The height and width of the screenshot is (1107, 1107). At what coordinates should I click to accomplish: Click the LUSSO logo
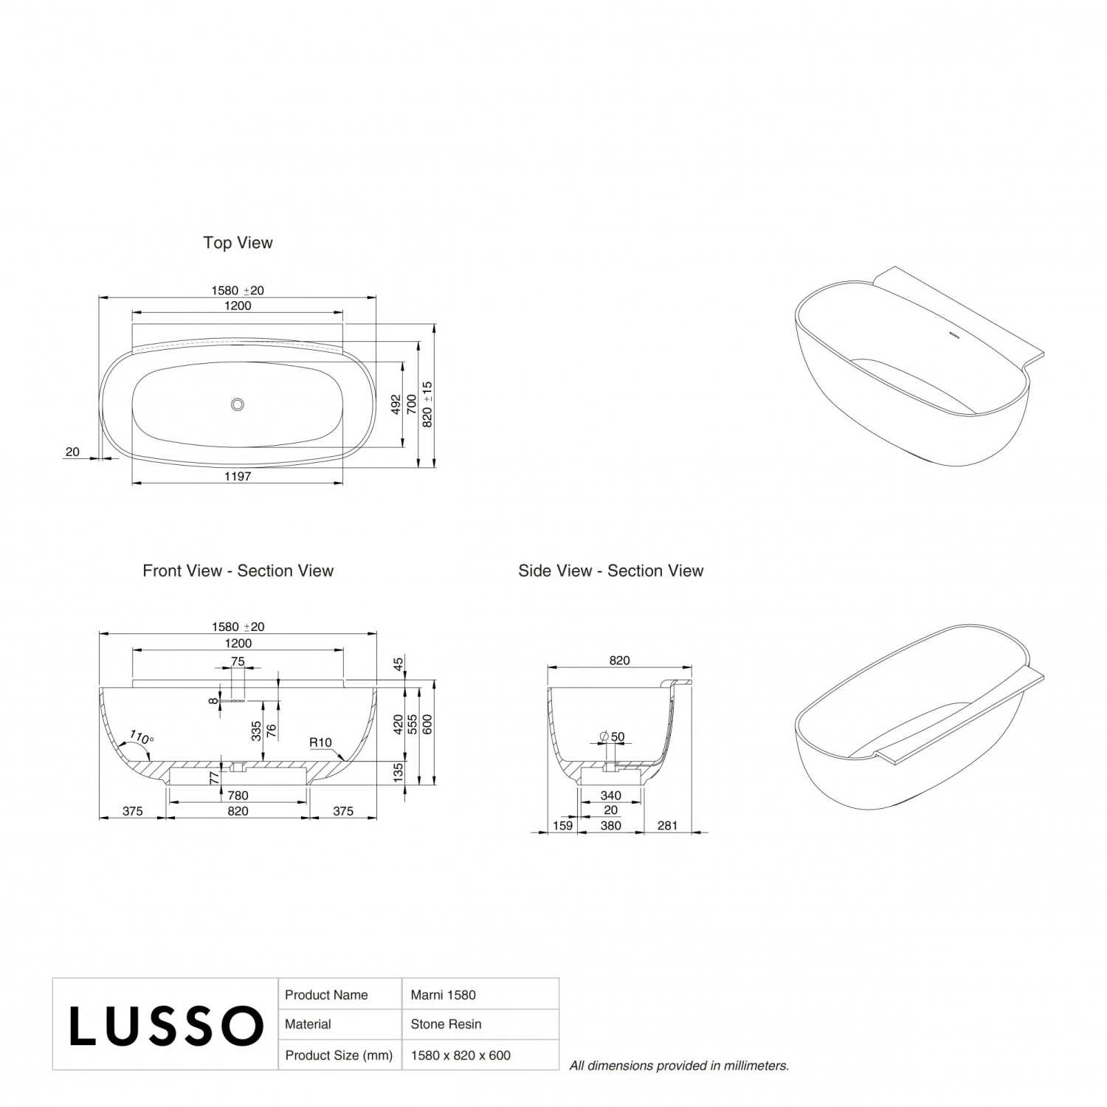tap(166, 1025)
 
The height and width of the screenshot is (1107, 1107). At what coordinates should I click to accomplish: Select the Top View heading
tap(238, 243)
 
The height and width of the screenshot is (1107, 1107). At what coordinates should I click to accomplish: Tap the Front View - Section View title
tap(238, 570)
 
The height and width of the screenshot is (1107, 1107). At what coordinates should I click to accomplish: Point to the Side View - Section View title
tap(610, 570)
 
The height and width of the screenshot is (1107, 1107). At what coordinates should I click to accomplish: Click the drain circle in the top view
tap(237, 404)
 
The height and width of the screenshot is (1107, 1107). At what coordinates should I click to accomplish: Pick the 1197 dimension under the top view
tap(238, 477)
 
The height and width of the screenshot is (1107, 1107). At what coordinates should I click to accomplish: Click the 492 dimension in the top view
tap(396, 404)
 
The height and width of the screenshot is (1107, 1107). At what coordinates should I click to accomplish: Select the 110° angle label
tap(141, 737)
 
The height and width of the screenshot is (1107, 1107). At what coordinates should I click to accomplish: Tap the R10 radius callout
tap(320, 742)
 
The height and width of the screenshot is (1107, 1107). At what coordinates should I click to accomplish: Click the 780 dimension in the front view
tap(238, 796)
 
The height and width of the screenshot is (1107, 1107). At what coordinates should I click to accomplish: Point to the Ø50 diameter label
tap(613, 737)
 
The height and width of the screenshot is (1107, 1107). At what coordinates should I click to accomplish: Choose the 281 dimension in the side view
tap(667, 826)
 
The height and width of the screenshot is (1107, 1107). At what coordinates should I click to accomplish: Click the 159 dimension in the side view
tap(562, 826)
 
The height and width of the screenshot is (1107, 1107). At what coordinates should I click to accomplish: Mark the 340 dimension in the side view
tap(610, 796)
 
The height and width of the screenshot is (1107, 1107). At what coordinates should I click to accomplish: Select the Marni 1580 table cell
tap(443, 995)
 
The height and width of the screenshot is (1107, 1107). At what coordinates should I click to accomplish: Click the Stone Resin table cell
tap(446, 1024)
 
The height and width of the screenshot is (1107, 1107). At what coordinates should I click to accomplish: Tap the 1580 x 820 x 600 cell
tap(461, 1055)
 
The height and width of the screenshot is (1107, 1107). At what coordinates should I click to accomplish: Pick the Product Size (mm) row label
tap(339, 1055)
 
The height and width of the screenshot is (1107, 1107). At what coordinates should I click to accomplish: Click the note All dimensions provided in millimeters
tap(679, 1066)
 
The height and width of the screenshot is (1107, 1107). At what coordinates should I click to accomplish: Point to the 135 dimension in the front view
tap(399, 773)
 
